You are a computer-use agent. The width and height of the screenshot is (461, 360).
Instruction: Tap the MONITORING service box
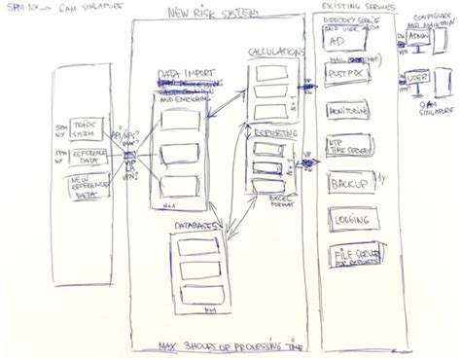347,113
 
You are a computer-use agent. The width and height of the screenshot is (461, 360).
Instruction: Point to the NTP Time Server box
348,146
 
